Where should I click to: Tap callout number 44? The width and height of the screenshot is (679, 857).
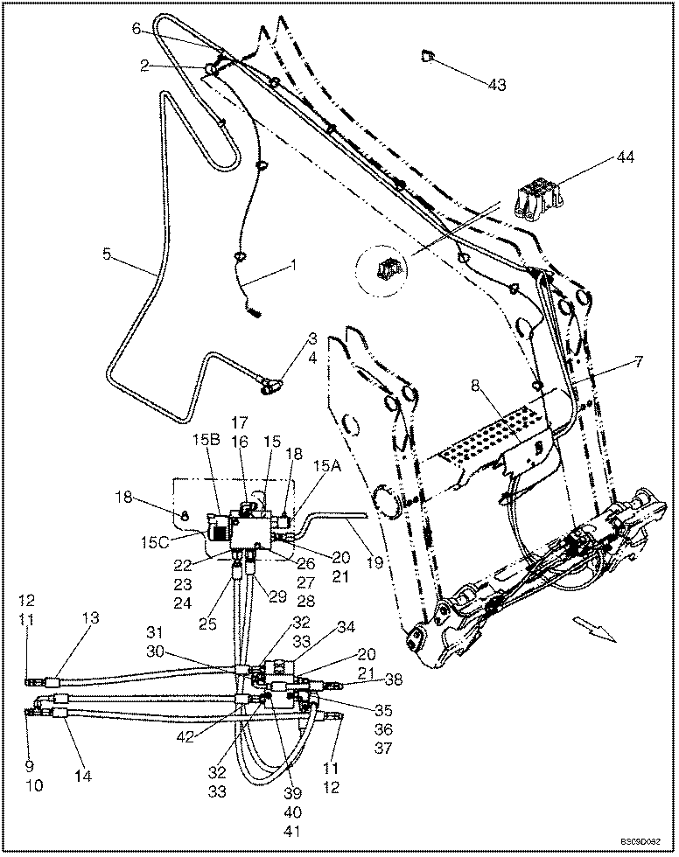tap(625, 158)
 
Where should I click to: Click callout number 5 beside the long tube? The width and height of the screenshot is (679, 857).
tap(107, 254)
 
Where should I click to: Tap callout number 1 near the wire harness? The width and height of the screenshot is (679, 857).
tap(295, 263)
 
